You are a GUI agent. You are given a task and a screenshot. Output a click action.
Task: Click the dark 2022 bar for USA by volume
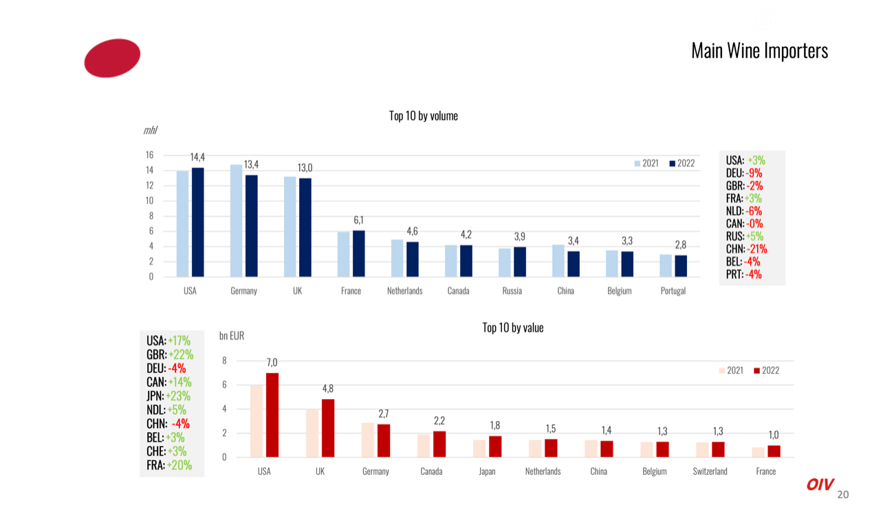(x=198, y=222)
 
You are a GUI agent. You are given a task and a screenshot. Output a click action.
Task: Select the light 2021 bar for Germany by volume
(x=236, y=220)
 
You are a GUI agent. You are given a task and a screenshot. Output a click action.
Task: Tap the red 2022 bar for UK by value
(x=328, y=428)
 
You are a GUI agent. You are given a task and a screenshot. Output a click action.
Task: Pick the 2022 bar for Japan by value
(x=495, y=447)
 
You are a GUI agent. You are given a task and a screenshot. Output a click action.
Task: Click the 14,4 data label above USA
(x=197, y=158)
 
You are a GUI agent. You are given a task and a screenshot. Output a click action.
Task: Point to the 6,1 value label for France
(x=358, y=220)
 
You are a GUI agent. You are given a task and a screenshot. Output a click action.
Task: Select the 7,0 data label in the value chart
(x=272, y=362)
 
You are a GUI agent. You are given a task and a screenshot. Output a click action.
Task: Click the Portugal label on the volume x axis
(x=673, y=291)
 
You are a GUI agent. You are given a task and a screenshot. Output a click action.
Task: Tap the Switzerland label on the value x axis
(x=710, y=471)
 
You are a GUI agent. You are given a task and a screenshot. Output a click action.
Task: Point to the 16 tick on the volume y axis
(x=149, y=155)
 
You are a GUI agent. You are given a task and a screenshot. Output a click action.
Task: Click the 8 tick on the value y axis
(x=224, y=361)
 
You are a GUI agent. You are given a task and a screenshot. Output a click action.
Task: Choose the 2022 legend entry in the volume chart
(x=682, y=163)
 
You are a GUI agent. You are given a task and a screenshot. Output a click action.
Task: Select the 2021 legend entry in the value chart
(x=730, y=370)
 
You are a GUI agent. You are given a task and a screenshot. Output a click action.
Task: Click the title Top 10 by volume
(x=423, y=116)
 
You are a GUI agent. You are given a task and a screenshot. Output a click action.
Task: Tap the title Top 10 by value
(x=512, y=327)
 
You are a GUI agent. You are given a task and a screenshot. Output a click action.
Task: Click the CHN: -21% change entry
(x=746, y=249)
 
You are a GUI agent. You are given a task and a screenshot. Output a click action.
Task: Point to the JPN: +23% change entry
(x=168, y=396)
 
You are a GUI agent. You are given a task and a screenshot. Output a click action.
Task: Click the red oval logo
(x=112, y=58)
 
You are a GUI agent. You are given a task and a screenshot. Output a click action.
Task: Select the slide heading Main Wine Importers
(x=759, y=51)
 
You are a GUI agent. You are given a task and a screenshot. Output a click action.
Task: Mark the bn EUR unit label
(x=232, y=336)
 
